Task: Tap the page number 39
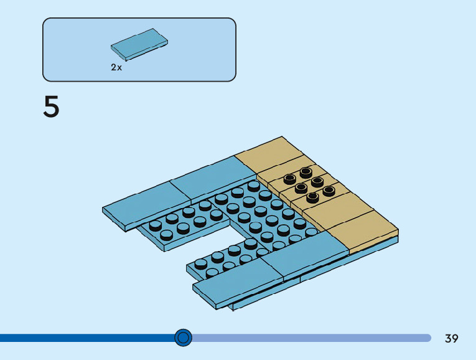tap(452, 338)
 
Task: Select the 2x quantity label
tap(116, 67)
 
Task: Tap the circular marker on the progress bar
tap(183, 338)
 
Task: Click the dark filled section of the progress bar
tap(87, 338)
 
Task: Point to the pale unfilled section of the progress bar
tap(311, 338)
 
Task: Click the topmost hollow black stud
tap(306, 171)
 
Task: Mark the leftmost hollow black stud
tap(289, 179)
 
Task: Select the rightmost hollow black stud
tap(329, 191)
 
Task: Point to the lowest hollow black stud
tap(312, 197)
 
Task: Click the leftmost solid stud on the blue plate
tap(155, 225)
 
